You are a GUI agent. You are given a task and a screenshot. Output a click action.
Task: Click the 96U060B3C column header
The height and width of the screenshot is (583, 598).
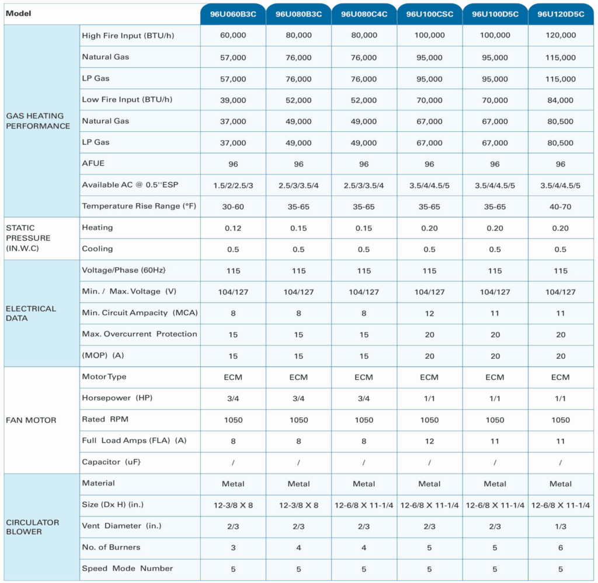coord(233,14)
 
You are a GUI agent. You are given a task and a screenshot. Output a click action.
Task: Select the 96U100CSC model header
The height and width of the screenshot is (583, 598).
coord(429,14)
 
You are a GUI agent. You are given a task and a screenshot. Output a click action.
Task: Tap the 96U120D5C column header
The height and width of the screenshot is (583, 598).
coord(561,14)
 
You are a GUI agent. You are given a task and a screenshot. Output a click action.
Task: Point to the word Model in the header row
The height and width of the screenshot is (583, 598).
coord(18,13)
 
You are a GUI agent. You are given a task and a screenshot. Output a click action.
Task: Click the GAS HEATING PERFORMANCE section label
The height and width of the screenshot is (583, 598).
coord(38,121)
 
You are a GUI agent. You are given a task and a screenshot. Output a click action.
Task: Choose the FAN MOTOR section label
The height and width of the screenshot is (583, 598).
coord(31,420)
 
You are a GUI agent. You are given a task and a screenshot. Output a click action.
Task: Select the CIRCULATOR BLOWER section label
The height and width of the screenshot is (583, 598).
coord(33,527)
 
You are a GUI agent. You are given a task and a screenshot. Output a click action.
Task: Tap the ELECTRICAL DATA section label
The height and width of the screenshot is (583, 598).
coord(31,313)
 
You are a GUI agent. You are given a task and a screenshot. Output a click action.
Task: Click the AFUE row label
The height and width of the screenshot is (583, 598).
coord(93,163)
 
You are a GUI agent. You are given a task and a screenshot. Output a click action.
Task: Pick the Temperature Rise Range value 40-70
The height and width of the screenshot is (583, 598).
coord(560,207)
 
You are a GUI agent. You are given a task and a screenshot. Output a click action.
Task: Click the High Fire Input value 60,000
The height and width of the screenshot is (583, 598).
coord(233,36)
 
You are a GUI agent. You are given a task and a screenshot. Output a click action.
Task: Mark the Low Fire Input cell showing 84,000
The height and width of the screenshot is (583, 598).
coord(560,100)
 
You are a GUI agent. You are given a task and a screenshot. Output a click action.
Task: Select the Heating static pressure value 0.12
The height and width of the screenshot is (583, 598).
coord(233,228)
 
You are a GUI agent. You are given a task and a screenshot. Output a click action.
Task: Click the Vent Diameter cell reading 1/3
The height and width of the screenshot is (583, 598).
coord(560,526)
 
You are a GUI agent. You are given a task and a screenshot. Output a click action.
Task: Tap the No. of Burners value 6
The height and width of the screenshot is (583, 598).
coord(560,548)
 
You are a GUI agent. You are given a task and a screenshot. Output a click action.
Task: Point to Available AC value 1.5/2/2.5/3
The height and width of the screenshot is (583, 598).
coord(233,186)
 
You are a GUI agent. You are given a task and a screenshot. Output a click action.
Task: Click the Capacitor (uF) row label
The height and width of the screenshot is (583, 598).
coord(112,462)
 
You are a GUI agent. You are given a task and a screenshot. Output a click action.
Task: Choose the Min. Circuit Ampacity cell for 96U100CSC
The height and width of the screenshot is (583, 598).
coord(429,313)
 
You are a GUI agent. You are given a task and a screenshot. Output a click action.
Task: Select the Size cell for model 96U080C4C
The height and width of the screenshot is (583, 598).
coord(364,505)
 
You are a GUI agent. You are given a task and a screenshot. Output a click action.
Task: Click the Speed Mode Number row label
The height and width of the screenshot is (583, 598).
coord(127,568)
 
